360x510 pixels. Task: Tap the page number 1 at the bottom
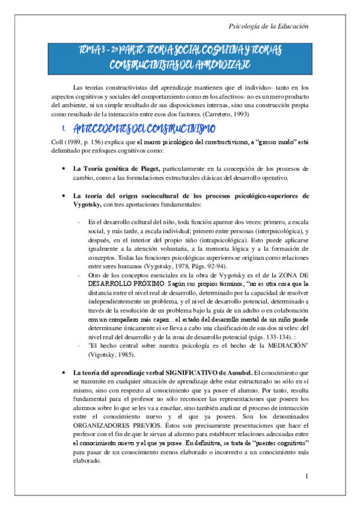[307, 477]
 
